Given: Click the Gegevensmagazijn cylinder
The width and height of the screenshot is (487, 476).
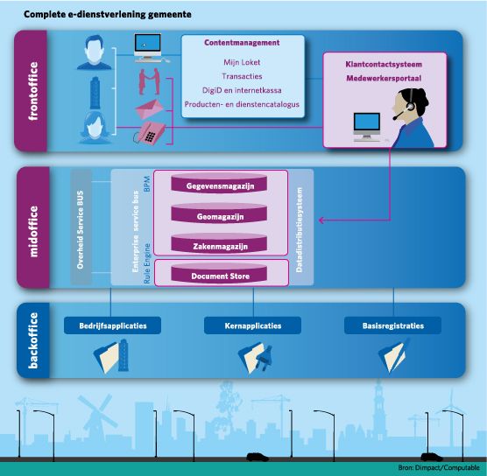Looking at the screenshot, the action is (x=219, y=183).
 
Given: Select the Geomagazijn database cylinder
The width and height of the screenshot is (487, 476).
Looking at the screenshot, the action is (x=219, y=213).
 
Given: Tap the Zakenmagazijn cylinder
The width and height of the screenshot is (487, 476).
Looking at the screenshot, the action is (x=219, y=242).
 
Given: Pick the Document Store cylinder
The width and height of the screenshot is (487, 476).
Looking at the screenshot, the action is (x=219, y=273).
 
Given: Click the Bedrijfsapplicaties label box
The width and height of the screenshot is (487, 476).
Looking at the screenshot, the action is (x=112, y=325).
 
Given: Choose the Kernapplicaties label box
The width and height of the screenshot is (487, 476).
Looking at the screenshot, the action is (x=252, y=325).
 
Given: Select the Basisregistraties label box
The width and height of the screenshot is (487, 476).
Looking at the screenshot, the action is (x=393, y=325).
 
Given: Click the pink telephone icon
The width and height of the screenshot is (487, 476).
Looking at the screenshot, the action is (x=150, y=132).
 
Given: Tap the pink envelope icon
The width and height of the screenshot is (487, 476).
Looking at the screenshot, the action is (x=150, y=109).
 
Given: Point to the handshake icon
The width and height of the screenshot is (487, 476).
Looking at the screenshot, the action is (x=149, y=81).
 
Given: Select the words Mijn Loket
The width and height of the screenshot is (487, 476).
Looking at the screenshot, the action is (x=242, y=62).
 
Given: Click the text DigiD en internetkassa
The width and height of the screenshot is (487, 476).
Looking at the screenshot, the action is (x=242, y=90).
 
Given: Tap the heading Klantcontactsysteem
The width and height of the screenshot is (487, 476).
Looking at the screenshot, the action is (x=384, y=65).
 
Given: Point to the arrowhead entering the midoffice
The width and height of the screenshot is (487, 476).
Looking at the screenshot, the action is (x=321, y=220).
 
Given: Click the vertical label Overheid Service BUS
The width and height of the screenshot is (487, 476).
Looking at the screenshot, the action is (x=81, y=229).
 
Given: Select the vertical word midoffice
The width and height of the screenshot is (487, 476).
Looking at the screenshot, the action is (x=33, y=231).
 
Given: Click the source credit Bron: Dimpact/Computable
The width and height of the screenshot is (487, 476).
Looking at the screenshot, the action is (x=439, y=467).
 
